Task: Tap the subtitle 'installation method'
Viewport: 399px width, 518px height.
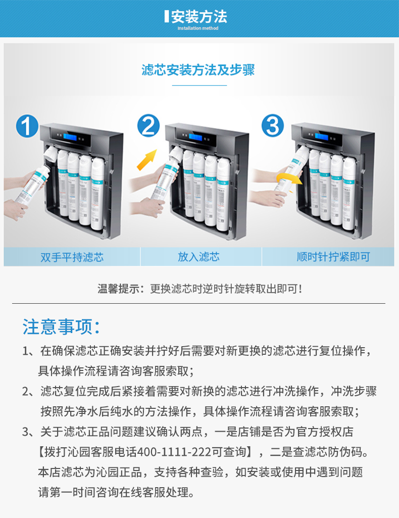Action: pyautogui.click(x=198, y=28)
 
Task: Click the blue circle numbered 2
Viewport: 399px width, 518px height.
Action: pyautogui.click(x=148, y=126)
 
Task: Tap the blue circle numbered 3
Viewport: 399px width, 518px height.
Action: pyautogui.click(x=273, y=126)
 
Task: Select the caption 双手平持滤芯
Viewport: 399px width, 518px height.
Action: pyautogui.click(x=72, y=257)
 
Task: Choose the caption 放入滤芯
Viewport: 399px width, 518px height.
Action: pyautogui.click(x=198, y=257)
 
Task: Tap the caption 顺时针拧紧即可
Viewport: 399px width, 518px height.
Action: pyautogui.click(x=333, y=257)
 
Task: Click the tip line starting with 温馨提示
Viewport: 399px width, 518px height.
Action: pyautogui.click(x=200, y=289)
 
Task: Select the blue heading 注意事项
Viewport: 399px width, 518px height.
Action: pyautogui.click(x=61, y=327)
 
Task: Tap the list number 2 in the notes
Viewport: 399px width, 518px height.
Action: pyautogui.click(x=26, y=392)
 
